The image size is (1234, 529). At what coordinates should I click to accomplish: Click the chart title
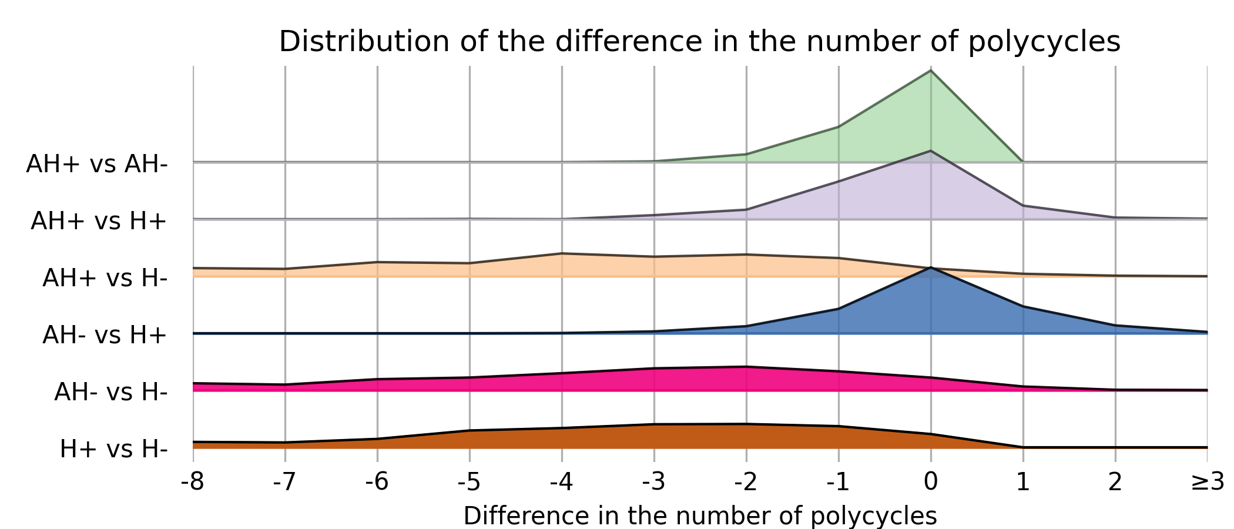coord(699,42)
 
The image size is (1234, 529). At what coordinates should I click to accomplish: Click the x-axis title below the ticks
coord(700,516)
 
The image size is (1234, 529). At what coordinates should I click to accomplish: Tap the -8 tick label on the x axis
coord(193,482)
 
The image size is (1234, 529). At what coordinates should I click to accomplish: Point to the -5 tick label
coord(470,482)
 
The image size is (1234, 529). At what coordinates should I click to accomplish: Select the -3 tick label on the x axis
coord(654,482)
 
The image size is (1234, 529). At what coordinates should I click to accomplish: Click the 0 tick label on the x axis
coord(931,482)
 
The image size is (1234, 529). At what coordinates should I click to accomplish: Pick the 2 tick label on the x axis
coord(1115,482)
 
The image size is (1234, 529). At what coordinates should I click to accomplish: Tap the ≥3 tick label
coord(1207,482)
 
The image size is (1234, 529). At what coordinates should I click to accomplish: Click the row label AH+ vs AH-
coord(97,164)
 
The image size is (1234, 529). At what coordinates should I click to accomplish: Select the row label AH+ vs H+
coord(99,221)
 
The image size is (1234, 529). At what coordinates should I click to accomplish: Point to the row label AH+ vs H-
coord(105,278)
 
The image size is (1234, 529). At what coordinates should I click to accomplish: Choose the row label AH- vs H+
coord(105,335)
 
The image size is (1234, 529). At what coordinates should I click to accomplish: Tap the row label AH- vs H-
coord(111,392)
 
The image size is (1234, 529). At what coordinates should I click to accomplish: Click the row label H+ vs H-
coord(114,449)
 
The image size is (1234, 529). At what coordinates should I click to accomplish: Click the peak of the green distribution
coord(931,71)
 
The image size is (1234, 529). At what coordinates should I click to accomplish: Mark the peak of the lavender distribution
coord(931,151)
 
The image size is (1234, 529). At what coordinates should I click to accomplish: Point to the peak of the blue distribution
coord(931,267)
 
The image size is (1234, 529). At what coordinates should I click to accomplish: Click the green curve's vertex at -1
coord(839,126)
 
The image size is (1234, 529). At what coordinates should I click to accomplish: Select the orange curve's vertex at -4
coord(562,253)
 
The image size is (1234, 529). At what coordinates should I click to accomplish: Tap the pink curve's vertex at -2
coord(746,367)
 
